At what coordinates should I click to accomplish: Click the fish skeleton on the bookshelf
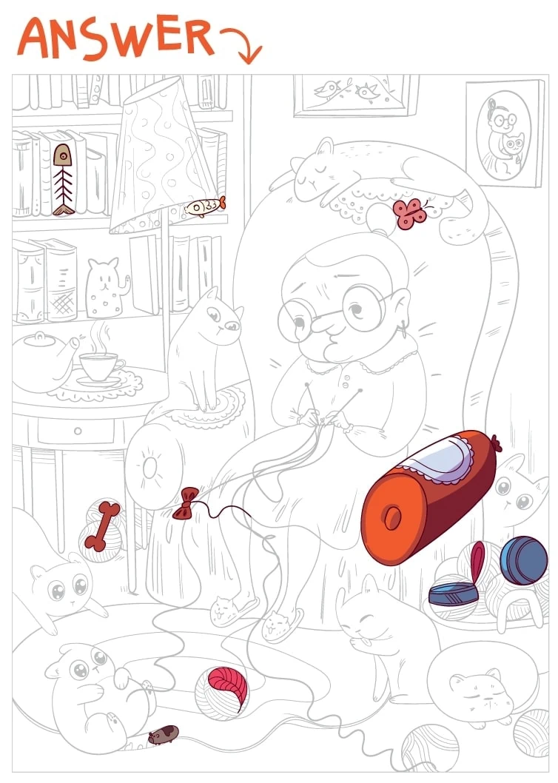(63, 180)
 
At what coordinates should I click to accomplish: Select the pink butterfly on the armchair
(410, 214)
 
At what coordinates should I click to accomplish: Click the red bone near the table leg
(102, 526)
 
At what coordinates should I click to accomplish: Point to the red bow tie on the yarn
(186, 504)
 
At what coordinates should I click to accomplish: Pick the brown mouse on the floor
(163, 735)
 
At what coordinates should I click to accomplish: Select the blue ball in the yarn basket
(523, 560)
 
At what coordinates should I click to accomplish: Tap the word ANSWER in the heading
(116, 38)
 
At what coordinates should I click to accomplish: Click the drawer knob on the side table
(78, 431)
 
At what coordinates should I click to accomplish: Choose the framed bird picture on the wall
(355, 95)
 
